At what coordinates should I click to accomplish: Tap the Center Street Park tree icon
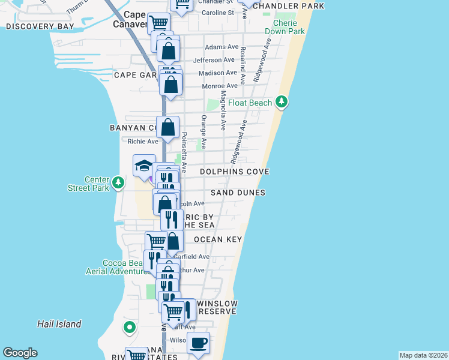pos(119,182)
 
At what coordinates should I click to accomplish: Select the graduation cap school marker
pos(145,166)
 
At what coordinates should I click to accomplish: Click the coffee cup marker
pos(199,343)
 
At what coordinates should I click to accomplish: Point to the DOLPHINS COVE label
pos(234,172)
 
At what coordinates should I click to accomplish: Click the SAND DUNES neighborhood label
pos(238,193)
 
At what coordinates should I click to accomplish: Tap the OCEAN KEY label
pos(217,239)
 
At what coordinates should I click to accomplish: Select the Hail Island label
pos(59,324)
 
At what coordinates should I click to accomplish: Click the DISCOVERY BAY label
pos(40,26)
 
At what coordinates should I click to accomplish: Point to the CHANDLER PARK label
pos(288,6)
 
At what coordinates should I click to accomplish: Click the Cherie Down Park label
pos(285,26)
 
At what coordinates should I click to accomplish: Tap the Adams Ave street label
pos(221,47)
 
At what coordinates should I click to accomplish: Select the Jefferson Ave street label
pos(214,60)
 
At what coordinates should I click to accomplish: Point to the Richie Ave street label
pos(143,142)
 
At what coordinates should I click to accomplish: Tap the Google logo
pos(20,353)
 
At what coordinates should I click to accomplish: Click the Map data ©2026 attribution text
pos(423,355)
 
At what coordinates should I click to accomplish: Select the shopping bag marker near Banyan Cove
pos(169,127)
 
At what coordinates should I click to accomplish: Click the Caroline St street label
pos(217,13)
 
